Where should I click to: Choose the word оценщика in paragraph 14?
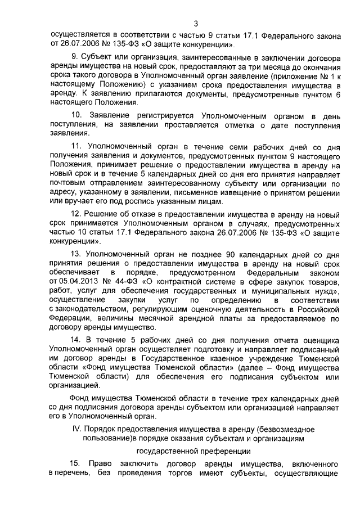point(319,340)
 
